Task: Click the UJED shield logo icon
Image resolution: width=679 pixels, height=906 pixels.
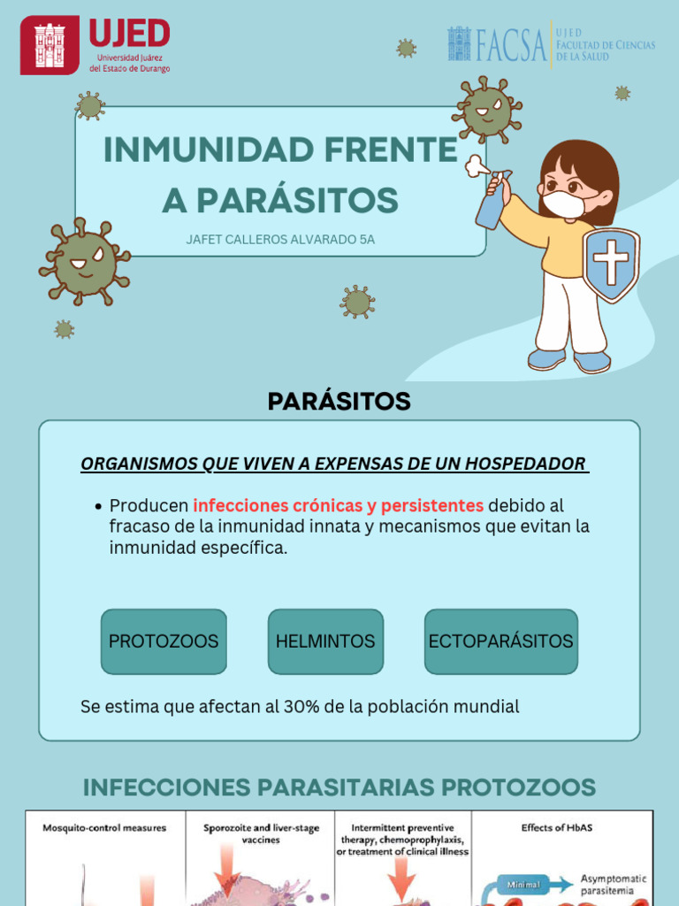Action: coord(50,44)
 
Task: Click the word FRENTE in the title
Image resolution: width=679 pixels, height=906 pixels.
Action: coord(382,150)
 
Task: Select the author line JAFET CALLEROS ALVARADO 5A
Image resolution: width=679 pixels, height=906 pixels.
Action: coord(280,240)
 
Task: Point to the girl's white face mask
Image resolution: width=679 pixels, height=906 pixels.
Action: coord(563,204)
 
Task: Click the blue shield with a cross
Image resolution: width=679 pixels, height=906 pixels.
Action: coord(611,265)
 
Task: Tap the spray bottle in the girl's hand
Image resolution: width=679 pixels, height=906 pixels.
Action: coord(492,202)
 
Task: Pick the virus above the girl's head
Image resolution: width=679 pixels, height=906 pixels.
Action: coord(487,110)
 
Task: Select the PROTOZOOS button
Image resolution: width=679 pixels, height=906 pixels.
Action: coord(164,641)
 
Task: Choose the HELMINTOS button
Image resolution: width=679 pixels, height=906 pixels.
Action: coord(325,641)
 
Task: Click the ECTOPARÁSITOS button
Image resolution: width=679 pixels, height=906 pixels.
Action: coord(500,641)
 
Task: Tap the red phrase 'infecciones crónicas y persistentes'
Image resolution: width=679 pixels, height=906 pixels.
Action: coord(338,505)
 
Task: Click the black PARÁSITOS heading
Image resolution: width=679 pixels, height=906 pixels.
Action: coord(339,402)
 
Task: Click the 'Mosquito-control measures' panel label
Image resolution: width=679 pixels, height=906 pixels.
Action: coord(104,828)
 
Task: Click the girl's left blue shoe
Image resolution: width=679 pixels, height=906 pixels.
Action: coord(546,358)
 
